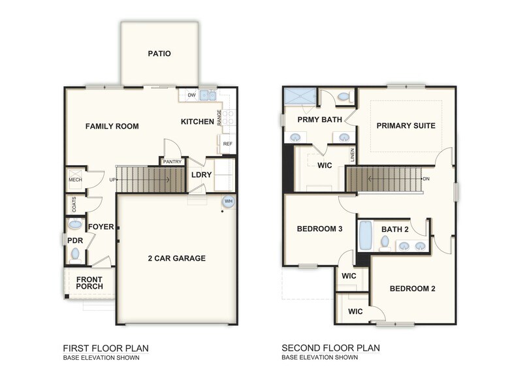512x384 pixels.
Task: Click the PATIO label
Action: (159, 54)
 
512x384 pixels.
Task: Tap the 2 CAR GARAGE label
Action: (176, 258)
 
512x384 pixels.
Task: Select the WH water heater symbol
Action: (228, 202)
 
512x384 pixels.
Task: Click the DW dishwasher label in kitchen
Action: (191, 95)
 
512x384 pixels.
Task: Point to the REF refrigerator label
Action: (227, 144)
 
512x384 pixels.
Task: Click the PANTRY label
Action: (172, 161)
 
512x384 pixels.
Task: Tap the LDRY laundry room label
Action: (199, 175)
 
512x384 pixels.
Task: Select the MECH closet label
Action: (74, 180)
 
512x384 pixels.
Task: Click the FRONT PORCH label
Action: (89, 283)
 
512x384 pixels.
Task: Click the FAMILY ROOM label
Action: (112, 126)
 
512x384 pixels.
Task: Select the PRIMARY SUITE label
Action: (406, 125)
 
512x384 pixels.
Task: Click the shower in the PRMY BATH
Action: (298, 99)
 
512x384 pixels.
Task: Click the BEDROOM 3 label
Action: (320, 229)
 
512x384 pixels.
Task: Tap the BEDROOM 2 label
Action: (412, 289)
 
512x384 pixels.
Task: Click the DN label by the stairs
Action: (426, 178)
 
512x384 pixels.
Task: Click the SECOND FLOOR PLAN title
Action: (330, 348)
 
